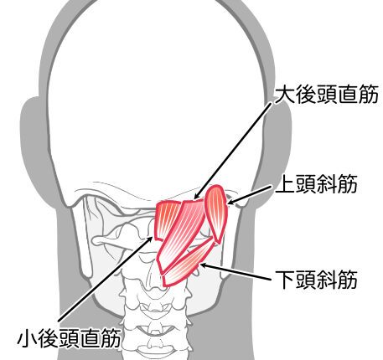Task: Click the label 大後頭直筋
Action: (x=327, y=95)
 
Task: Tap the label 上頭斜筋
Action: (x=317, y=184)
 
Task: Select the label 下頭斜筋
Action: (x=317, y=280)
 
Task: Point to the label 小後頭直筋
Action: (x=69, y=338)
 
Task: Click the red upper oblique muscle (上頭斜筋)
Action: (x=216, y=212)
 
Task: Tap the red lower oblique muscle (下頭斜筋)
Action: (x=187, y=265)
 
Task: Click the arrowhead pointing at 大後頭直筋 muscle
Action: (x=196, y=197)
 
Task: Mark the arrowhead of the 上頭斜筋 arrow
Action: (x=230, y=202)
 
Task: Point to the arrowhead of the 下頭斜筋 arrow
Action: (x=203, y=265)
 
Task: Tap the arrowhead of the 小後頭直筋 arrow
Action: (x=150, y=239)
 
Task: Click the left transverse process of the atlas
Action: (x=106, y=240)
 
